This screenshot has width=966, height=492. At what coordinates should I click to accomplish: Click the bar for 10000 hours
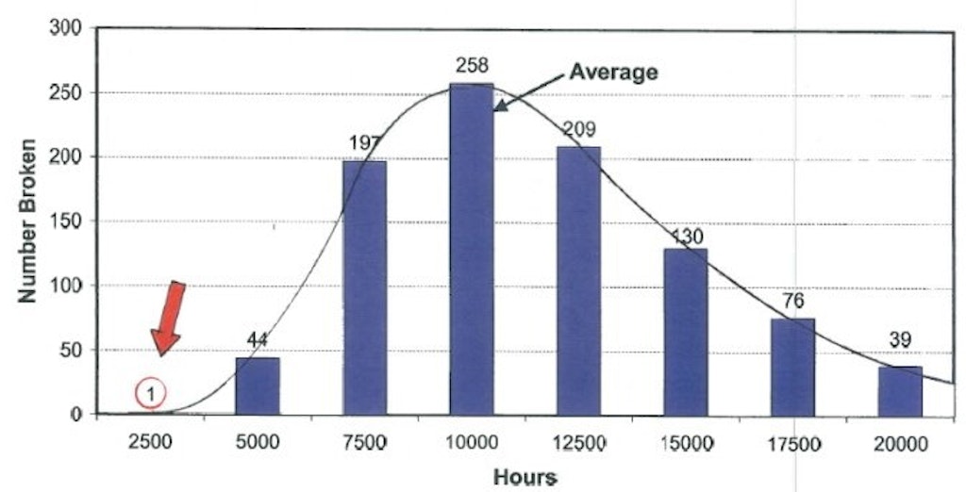tap(471, 250)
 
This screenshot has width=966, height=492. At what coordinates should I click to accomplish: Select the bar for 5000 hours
tap(257, 385)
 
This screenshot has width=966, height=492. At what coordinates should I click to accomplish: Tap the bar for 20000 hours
tap(899, 390)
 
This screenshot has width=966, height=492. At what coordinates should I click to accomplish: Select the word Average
tap(612, 72)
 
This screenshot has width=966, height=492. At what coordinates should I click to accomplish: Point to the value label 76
tap(792, 303)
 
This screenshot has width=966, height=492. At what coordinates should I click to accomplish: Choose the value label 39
tap(900, 339)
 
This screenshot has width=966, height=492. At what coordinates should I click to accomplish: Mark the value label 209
tap(578, 129)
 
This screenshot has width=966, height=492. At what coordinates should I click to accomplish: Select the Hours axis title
tap(525, 477)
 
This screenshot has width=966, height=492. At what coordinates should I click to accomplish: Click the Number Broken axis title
tap(28, 221)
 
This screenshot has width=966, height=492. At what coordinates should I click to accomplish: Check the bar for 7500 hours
tap(364, 287)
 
